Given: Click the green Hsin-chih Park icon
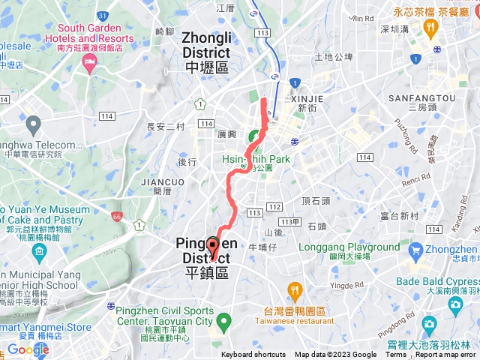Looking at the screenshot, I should click(x=255, y=137).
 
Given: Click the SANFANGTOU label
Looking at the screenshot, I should click(x=421, y=98).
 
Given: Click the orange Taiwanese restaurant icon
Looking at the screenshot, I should click(x=295, y=289).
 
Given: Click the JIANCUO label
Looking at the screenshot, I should click(x=162, y=181).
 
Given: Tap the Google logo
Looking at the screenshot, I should click(x=28, y=349).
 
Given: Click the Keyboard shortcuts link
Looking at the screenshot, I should click(x=253, y=355).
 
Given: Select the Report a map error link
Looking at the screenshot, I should click(x=445, y=355).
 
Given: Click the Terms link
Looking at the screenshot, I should click(x=396, y=355).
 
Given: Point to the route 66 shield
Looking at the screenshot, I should click(x=116, y=216).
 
